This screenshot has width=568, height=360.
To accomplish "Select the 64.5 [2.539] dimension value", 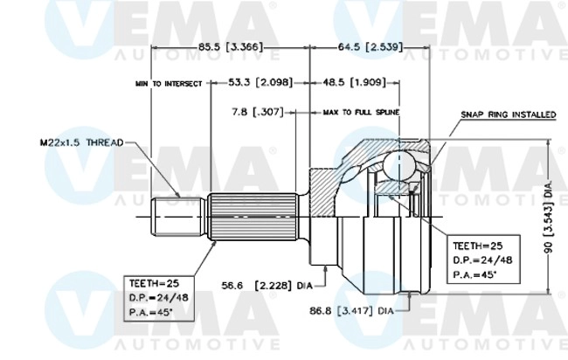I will pos(369,45).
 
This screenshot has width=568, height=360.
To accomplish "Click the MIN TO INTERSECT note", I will pos(169,84).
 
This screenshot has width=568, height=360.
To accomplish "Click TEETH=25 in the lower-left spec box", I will pos(155,284).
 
